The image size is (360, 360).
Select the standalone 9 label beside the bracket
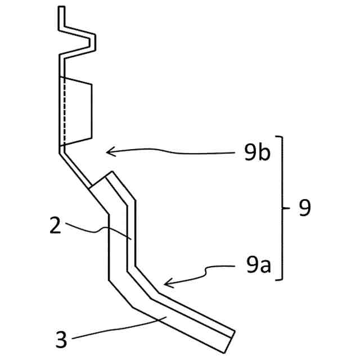305,209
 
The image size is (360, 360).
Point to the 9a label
257,263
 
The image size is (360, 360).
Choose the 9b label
258,153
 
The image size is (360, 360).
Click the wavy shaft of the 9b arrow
180,152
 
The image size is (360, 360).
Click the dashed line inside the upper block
65,112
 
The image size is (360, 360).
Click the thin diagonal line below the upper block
75,169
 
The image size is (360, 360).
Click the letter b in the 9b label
264,153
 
